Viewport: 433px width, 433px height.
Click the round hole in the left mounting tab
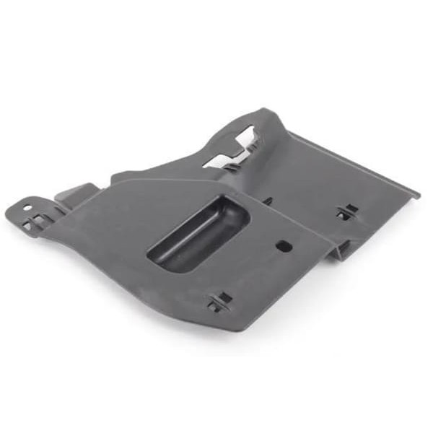click(27, 208)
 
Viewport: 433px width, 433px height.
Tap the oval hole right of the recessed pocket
click(284, 246)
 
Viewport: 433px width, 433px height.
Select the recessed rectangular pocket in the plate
click(199, 234)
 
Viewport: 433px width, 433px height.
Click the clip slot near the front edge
click(220, 302)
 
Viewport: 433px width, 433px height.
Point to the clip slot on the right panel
click(347, 212)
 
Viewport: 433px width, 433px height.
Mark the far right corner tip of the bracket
click(418, 194)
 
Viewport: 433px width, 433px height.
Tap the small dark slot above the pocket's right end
click(268, 202)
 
